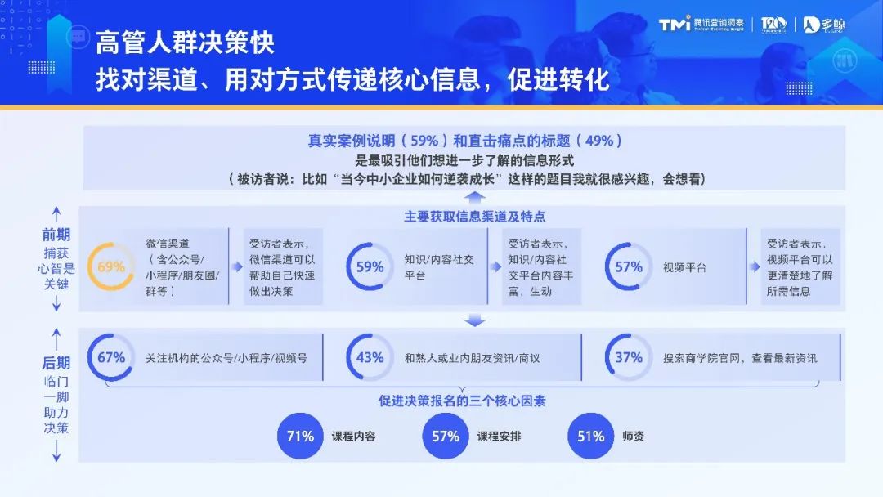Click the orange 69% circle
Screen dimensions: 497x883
[110, 266]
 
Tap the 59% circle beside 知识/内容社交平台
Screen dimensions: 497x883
[370, 266]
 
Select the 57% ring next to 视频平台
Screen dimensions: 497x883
[628, 266]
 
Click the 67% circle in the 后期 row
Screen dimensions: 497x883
[110, 357]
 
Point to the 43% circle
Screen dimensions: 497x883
[370, 357]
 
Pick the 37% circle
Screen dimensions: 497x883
[628, 357]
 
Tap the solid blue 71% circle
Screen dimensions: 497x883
[300, 436]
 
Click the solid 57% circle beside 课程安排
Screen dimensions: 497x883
[446, 436]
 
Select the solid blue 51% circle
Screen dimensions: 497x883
[590, 436]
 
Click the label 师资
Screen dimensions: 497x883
[633, 436]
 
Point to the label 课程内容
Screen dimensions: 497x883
[353, 436]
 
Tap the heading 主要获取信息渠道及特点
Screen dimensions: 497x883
[474, 217]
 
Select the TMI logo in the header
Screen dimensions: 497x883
[675, 24]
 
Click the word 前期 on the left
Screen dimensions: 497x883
[56, 235]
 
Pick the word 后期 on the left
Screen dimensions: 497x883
[56, 363]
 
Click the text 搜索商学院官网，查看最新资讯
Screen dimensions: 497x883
[740, 358]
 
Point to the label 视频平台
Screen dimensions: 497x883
[684, 267]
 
